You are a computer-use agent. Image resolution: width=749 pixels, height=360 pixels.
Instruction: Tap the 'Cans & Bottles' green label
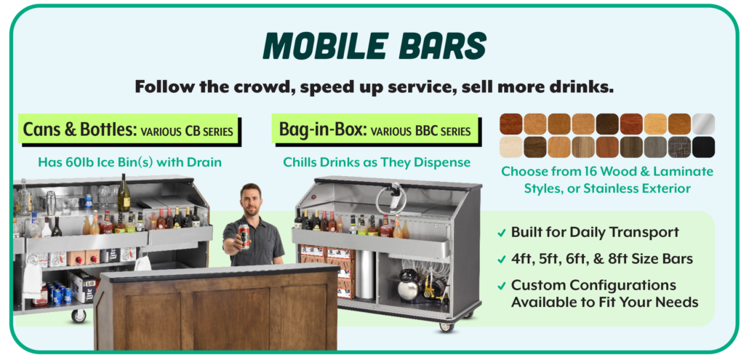coord(129,129)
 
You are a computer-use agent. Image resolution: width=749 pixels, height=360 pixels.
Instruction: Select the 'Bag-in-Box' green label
coord(375,129)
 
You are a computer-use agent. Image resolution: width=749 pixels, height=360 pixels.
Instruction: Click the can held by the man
coord(244,236)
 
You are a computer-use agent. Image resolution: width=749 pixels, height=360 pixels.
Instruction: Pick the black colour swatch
coord(703,147)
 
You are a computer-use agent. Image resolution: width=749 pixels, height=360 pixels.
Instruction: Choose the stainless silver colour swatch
coord(703,124)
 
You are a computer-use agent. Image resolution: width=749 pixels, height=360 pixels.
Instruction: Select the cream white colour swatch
coord(511,147)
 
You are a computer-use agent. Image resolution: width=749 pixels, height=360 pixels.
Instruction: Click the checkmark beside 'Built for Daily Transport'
coord(501,233)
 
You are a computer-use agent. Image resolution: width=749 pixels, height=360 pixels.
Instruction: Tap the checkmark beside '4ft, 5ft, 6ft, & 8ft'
coord(501,260)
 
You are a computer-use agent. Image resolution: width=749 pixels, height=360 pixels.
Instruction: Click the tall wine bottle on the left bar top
coord(124,193)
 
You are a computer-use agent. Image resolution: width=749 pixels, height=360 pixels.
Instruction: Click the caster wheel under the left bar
coord(79,316)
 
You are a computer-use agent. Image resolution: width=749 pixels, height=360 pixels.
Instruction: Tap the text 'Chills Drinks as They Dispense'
coord(377,162)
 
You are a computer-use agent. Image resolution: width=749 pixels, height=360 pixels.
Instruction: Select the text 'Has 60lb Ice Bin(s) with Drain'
coord(129,162)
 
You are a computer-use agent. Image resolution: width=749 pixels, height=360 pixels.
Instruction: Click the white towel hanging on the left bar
coord(33,281)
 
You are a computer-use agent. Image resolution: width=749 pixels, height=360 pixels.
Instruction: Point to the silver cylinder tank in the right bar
coord(366,274)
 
